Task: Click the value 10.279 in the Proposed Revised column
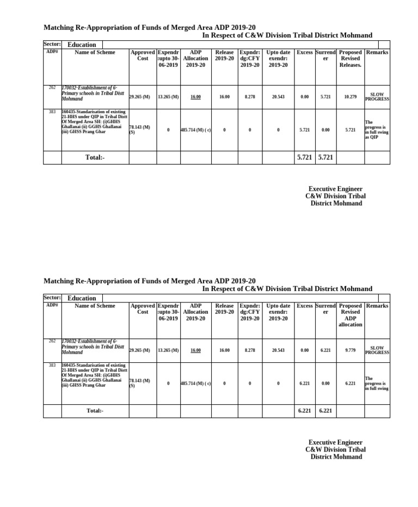[x=351, y=97]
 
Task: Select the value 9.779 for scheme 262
[x=351, y=350]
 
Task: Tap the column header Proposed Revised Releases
[x=351, y=58]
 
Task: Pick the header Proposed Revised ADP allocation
[x=351, y=315]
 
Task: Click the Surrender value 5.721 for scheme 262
[x=325, y=97]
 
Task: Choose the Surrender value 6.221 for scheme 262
[x=325, y=350]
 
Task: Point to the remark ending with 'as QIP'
[x=377, y=130]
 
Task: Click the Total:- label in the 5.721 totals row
[x=95, y=157]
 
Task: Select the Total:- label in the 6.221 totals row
[x=95, y=411]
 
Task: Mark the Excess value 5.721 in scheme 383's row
[x=305, y=130]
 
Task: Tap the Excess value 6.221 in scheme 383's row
[x=305, y=384]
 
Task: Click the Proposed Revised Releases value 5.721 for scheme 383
[x=351, y=130]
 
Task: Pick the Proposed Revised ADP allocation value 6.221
[x=351, y=384]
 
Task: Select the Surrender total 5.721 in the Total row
[x=325, y=157]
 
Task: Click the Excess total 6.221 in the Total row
[x=305, y=411]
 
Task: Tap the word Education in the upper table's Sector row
[x=82, y=45]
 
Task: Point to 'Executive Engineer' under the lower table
[x=335, y=442]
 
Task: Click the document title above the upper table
[x=149, y=27]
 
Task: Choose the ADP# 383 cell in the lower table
[x=52, y=366]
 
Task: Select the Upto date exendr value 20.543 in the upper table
[x=278, y=97]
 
